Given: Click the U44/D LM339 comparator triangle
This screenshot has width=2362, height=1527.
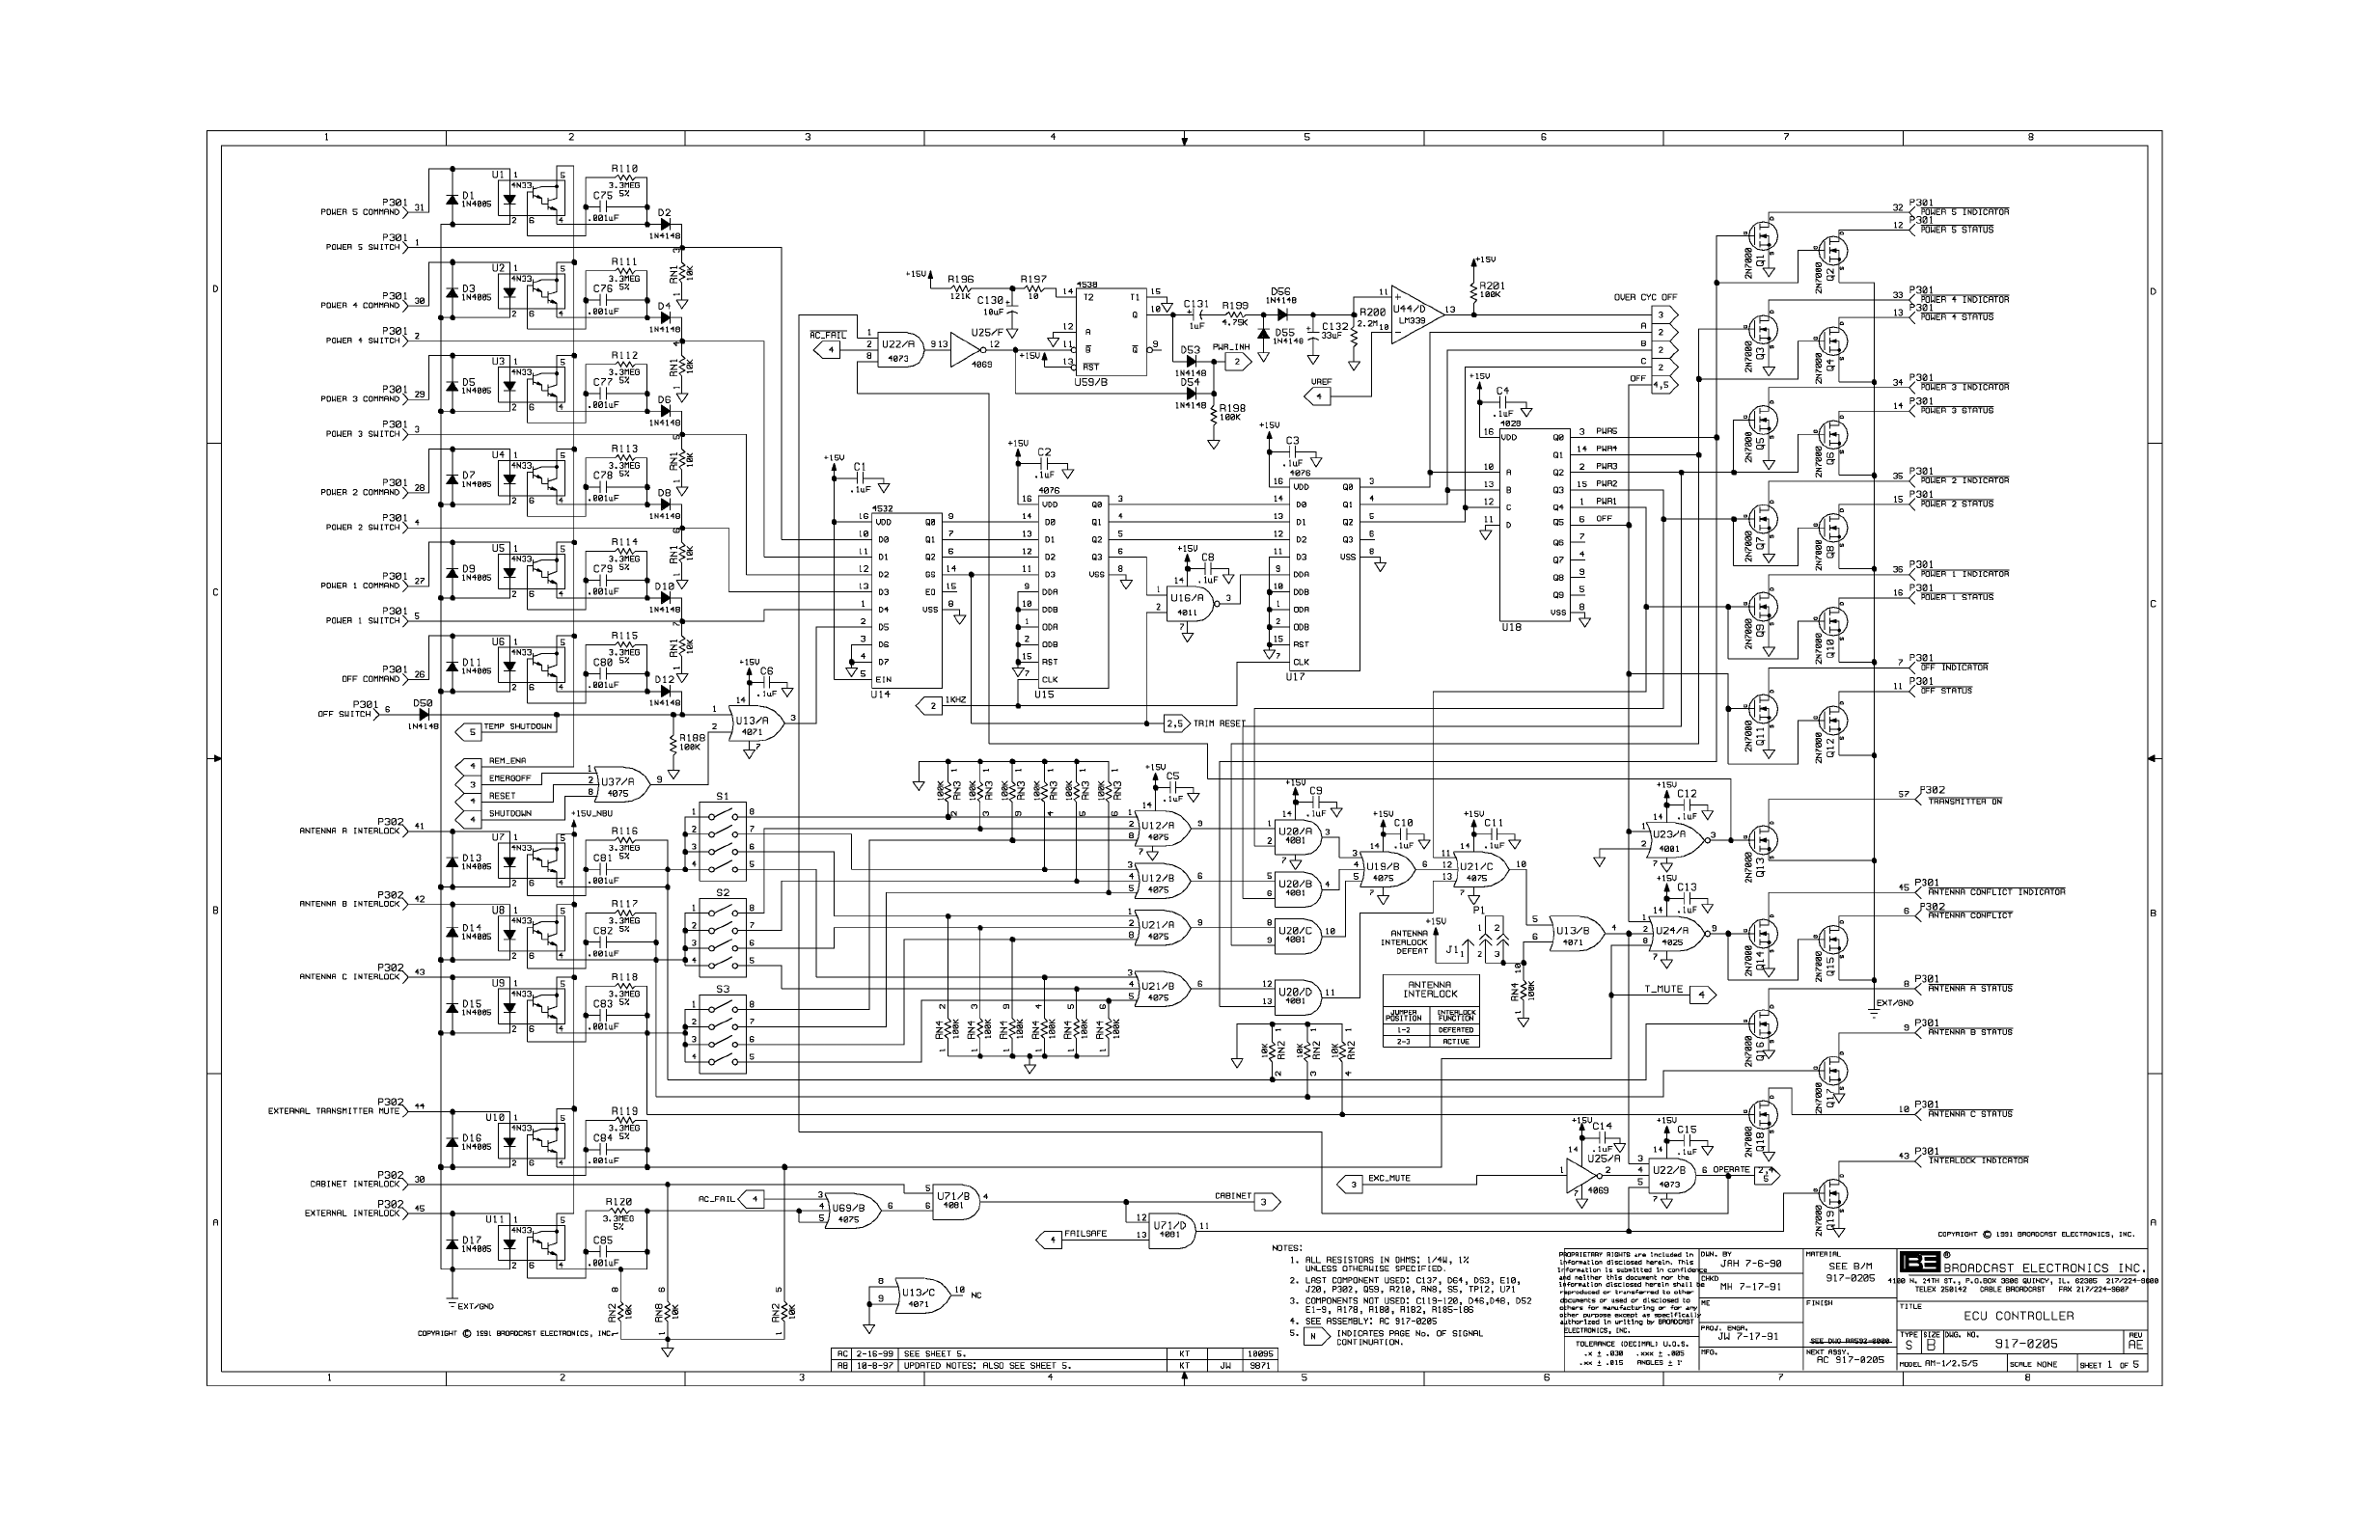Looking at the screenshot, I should pyautogui.click(x=1412, y=314).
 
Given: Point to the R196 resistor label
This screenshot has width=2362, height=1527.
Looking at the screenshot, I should pyautogui.click(x=960, y=279).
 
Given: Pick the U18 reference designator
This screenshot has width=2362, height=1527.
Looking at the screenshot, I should pyautogui.click(x=1510, y=628).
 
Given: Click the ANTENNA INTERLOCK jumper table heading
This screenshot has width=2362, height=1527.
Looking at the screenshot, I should pyautogui.click(x=1430, y=990).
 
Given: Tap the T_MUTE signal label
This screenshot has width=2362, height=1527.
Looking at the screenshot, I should pyautogui.click(x=1663, y=990).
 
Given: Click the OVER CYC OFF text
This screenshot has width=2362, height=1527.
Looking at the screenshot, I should pyautogui.click(x=1645, y=297).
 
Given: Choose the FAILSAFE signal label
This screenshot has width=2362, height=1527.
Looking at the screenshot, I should pyautogui.click(x=1085, y=1235).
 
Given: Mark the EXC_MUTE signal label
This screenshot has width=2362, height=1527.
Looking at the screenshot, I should pyautogui.click(x=1389, y=1179).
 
